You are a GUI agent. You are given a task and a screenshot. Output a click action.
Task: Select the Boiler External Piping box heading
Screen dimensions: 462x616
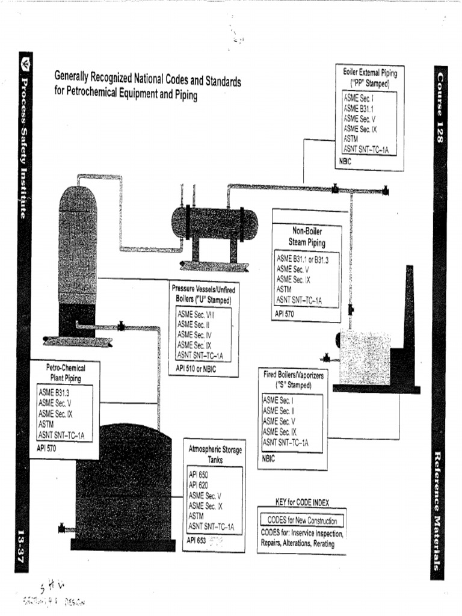click(369, 78)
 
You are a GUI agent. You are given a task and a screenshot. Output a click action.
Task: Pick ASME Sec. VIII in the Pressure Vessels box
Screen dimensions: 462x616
click(196, 314)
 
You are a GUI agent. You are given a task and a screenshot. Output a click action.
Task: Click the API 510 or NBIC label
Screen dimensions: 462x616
click(195, 368)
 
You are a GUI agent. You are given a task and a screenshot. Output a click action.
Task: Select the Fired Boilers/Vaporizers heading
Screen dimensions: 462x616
click(294, 380)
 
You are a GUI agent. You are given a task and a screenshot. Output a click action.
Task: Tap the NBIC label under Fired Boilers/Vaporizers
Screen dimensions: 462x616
click(268, 458)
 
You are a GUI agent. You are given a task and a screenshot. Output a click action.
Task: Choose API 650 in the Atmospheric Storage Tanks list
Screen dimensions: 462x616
click(198, 475)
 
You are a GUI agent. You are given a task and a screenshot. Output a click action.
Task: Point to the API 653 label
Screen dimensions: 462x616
click(196, 540)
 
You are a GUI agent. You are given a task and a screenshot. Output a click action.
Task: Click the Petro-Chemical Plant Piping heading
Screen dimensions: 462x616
click(66, 372)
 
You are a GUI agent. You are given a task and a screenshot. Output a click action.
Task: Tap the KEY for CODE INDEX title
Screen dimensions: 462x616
click(302, 502)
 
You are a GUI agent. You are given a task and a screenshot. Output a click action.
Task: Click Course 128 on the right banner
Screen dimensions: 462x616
click(440, 107)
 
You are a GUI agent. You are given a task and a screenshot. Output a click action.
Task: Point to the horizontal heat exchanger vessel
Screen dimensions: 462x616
click(214, 223)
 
